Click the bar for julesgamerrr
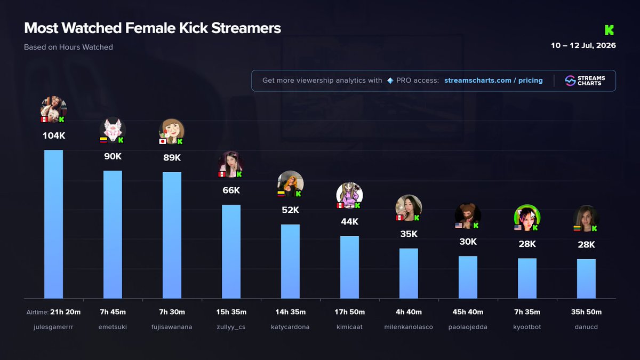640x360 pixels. pyautogui.click(x=53, y=225)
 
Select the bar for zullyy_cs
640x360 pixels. pyautogui.click(x=231, y=252)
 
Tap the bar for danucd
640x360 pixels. pyautogui.click(x=586, y=279)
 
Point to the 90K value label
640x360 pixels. pyautogui.click(x=113, y=156)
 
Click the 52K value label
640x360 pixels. pyautogui.click(x=290, y=210)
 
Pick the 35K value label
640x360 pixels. pyautogui.click(x=409, y=234)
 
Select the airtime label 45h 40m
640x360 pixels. pyautogui.click(x=468, y=312)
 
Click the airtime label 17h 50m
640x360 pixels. pyautogui.click(x=349, y=312)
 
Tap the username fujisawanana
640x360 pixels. pyautogui.click(x=172, y=327)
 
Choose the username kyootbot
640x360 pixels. pyautogui.click(x=527, y=327)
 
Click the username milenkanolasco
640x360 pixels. pyautogui.click(x=409, y=327)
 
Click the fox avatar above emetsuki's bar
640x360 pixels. pyautogui.click(x=113, y=130)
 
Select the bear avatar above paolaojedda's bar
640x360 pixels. pyautogui.click(x=468, y=215)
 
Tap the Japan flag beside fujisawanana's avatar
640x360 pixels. pyautogui.click(x=163, y=141)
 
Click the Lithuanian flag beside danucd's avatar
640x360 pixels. pyautogui.click(x=577, y=229)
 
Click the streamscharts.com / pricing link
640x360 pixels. pyautogui.click(x=493, y=81)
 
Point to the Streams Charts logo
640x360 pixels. pyautogui.click(x=585, y=81)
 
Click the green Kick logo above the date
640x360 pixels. pyautogui.click(x=609, y=30)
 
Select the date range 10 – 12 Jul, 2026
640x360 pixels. pyautogui.click(x=583, y=46)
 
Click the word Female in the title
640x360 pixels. pyautogui.click(x=150, y=28)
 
